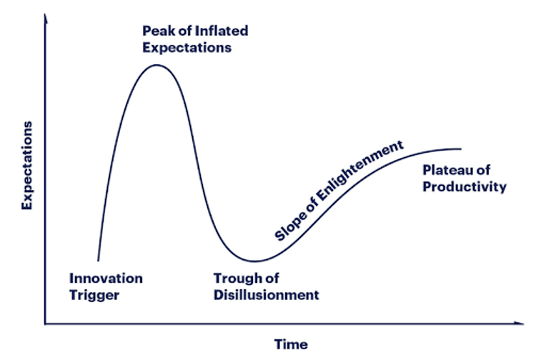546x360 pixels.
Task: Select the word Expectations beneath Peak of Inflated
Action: (187, 48)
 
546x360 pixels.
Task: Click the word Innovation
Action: (106, 279)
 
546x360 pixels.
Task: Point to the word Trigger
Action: (94, 295)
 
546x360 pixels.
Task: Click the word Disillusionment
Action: (267, 295)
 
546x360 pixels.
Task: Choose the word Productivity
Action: (465, 187)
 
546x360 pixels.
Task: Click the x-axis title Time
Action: (291, 344)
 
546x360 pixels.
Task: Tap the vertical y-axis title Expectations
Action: (27, 166)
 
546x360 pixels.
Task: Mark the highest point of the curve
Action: (157, 65)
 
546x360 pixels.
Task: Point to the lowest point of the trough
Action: (255, 261)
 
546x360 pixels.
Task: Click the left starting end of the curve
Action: (98, 261)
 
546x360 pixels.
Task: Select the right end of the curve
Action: (462, 149)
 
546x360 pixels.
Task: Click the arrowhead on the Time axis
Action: (520, 324)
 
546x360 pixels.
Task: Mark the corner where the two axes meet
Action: (45, 324)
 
